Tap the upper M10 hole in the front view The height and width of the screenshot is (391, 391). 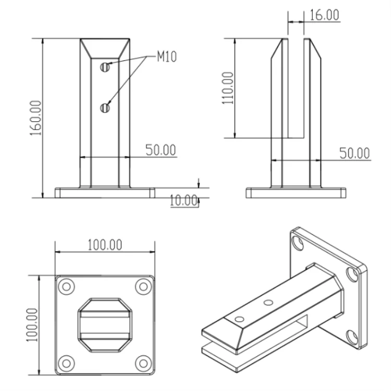click(105, 66)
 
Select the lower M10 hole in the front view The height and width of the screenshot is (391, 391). click(105, 108)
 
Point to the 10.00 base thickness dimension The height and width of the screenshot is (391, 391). click(184, 200)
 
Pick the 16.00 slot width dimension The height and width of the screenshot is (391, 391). click(323, 15)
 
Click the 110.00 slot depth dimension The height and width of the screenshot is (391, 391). click(228, 88)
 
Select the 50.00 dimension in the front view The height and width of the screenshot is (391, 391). click(161, 150)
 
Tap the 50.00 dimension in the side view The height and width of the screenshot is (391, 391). click(354, 153)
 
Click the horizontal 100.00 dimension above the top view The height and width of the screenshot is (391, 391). click(105, 244)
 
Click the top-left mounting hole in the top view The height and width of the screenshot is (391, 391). click(66, 286)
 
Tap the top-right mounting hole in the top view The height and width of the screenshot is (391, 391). click(143, 286)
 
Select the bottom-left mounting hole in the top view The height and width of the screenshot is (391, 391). click(66, 362)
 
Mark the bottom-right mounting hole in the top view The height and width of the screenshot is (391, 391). click(143, 362)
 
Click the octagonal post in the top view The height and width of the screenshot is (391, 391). click(104, 324)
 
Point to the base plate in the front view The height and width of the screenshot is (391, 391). click(105, 193)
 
